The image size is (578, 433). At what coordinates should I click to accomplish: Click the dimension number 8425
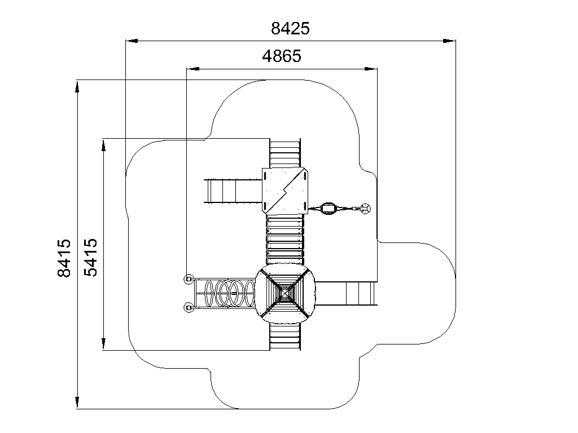tap(290, 28)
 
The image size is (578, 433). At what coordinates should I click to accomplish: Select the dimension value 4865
tap(282, 56)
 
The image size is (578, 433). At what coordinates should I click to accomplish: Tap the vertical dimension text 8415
tap(64, 258)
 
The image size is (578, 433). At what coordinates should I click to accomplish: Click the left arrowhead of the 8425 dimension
tap(132, 41)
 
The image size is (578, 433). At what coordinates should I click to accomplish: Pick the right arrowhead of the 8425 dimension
tap(449, 41)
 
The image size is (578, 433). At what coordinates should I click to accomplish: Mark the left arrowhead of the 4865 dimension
tap(193, 68)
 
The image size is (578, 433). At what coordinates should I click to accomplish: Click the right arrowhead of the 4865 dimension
tap(371, 68)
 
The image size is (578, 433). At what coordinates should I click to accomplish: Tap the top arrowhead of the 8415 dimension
tap(77, 86)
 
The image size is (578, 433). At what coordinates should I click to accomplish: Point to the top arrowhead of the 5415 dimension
tap(104, 145)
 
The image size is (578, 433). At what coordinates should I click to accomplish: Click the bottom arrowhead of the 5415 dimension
tap(104, 344)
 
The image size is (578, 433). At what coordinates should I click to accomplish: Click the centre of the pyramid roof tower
tap(285, 293)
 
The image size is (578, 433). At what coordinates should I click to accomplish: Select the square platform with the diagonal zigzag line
tap(285, 191)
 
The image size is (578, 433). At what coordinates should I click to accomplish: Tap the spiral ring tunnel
tap(230, 293)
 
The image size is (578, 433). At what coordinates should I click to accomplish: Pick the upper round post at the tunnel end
tap(189, 279)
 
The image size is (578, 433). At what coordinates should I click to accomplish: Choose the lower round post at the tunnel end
tap(189, 307)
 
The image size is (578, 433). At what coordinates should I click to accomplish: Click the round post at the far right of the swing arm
tap(366, 209)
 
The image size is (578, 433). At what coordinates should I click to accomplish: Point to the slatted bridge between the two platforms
tap(285, 239)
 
